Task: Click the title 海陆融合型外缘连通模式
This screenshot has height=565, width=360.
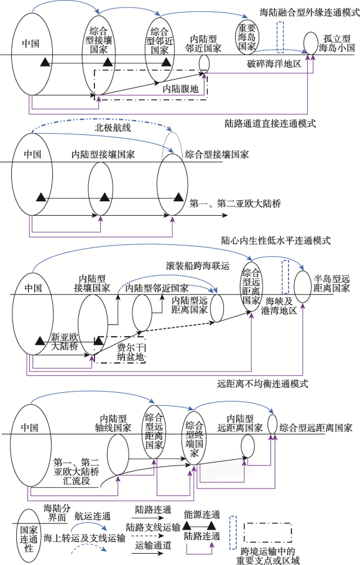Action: (x=310, y=12)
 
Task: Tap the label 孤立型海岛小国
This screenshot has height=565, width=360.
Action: (x=336, y=44)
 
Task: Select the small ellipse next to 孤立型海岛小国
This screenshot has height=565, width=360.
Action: (x=311, y=42)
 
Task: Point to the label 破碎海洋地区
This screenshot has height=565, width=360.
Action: (x=274, y=64)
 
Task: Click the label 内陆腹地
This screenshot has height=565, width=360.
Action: (x=180, y=88)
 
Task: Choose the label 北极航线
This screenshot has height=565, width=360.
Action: (x=113, y=128)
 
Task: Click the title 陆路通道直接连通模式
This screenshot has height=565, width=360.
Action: (x=270, y=124)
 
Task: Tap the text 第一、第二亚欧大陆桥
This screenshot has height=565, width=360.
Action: (x=235, y=204)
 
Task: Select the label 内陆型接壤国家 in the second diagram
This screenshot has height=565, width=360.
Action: (x=103, y=155)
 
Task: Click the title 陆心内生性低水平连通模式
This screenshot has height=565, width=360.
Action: (x=276, y=241)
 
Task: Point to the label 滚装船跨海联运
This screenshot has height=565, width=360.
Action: (x=198, y=266)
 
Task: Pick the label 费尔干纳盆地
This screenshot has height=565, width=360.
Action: (x=131, y=352)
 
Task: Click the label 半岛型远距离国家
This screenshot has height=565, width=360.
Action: (x=331, y=283)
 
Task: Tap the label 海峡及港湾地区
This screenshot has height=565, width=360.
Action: (x=279, y=306)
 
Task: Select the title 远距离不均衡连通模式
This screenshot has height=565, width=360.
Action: (x=263, y=384)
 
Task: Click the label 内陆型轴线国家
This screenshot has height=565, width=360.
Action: (x=113, y=423)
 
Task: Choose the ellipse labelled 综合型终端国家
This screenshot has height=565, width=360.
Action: (x=195, y=439)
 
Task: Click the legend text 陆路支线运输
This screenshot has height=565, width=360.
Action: (x=153, y=528)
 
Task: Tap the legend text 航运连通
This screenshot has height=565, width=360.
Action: (x=93, y=517)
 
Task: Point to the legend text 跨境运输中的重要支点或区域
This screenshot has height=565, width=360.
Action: (x=268, y=556)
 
